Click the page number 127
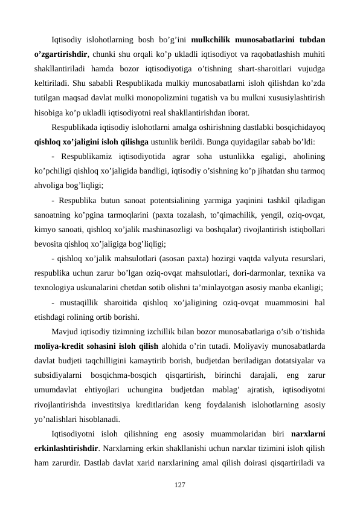point(180,485)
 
